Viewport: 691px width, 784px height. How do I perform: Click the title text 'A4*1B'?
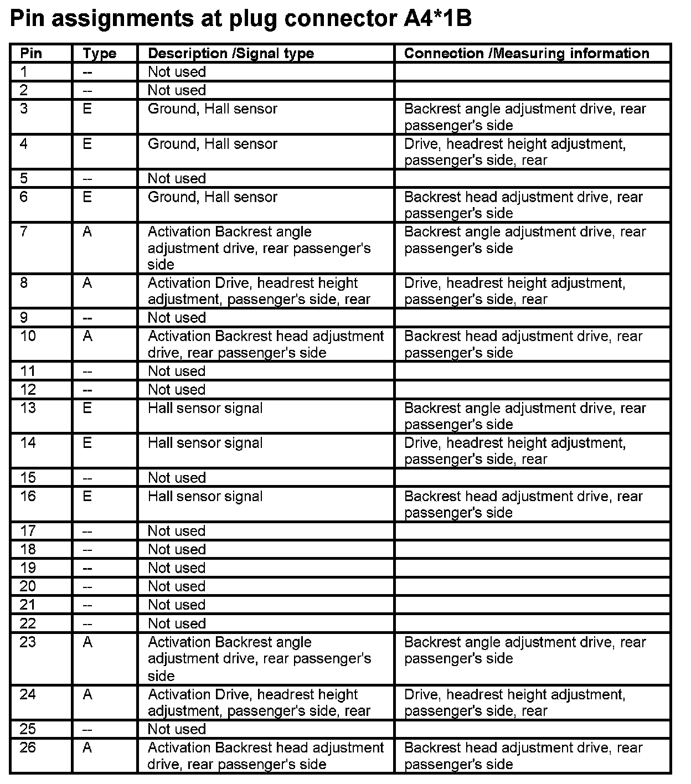pyautogui.click(x=434, y=19)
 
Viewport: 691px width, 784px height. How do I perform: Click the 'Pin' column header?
pyautogui.click(x=31, y=54)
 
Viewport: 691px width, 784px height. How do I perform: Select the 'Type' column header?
pyautogui.click(x=100, y=54)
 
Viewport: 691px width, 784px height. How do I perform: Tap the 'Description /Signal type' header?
pyautogui.click(x=231, y=54)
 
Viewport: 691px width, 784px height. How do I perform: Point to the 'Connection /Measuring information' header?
pyautogui.click(x=527, y=54)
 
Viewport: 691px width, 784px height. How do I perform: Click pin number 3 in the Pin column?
pyautogui.click(x=24, y=109)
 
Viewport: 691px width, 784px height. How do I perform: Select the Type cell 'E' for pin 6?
pyautogui.click(x=87, y=197)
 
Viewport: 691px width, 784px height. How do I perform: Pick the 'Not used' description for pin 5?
pyautogui.click(x=177, y=178)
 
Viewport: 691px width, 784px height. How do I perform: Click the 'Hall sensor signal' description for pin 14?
pyautogui.click(x=205, y=443)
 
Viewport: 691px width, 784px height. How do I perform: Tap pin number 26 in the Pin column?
pyautogui.click(x=28, y=748)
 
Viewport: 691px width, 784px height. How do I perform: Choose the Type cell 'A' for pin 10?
pyautogui.click(x=87, y=336)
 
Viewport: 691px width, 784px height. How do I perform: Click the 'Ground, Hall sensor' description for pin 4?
pyautogui.click(x=213, y=144)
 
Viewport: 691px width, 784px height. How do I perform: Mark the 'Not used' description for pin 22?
pyautogui.click(x=177, y=623)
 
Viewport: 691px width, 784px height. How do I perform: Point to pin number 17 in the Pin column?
pyautogui.click(x=28, y=531)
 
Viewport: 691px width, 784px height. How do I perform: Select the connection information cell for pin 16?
pyautogui.click(x=523, y=504)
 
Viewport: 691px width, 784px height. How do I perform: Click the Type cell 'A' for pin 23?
pyautogui.click(x=87, y=642)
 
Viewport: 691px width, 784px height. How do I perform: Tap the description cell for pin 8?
pyautogui.click(x=259, y=291)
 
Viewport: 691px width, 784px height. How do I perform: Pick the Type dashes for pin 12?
pyautogui.click(x=87, y=390)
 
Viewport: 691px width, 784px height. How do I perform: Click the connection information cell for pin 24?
pyautogui.click(x=515, y=702)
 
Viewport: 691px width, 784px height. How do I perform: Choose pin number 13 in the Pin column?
pyautogui.click(x=28, y=408)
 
